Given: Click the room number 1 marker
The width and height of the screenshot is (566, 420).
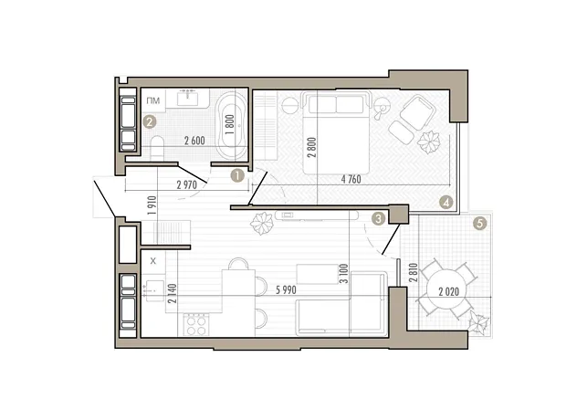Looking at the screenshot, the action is click(238, 176).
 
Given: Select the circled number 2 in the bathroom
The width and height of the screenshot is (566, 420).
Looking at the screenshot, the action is click(150, 121).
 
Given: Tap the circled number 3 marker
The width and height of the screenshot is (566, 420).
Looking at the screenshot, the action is click(378, 218).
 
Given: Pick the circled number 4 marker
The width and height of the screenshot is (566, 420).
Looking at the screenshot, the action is click(446, 203).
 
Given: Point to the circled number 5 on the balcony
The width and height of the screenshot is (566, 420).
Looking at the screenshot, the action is click(479, 224).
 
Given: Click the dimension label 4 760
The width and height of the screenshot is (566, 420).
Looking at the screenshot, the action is click(351, 179).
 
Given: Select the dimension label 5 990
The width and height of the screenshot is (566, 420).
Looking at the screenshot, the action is click(286, 290).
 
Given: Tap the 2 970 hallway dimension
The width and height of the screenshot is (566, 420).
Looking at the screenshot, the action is click(187, 185).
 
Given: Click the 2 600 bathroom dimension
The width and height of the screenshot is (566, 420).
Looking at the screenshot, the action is click(194, 141).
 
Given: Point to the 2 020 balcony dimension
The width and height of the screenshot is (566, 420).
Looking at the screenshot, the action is click(449, 292).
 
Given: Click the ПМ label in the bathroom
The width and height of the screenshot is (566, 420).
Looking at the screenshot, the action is click(153, 100).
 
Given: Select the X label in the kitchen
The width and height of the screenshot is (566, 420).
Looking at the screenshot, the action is click(153, 261).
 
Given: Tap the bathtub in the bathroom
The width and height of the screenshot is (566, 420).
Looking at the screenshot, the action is click(231, 125).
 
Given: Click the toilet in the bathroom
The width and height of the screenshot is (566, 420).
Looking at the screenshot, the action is click(157, 147).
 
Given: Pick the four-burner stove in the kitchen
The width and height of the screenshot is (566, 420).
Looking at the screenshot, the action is click(196, 325).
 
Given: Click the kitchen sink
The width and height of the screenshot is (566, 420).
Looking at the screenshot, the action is click(155, 291).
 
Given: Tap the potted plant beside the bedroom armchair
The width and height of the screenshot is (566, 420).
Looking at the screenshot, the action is click(429, 142).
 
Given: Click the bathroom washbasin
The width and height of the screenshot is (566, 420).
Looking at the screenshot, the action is click(187, 98).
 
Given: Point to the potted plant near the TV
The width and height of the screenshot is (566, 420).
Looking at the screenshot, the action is click(262, 223).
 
